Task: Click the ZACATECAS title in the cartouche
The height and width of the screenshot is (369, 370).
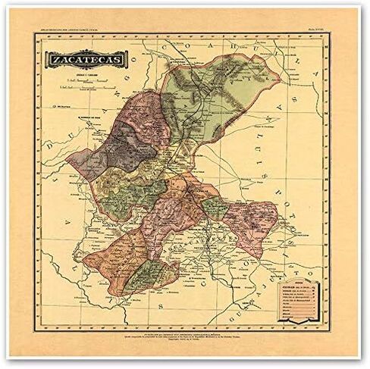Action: click(x=87, y=58)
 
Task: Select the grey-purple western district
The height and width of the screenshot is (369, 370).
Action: click(x=114, y=148)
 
